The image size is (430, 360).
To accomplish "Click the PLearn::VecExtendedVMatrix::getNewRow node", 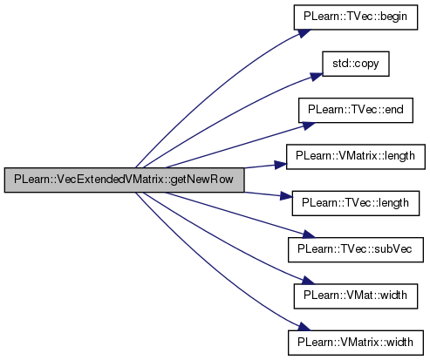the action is click(124, 180).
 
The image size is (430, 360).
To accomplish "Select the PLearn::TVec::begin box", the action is click(356, 17).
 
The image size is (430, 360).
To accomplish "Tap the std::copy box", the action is click(356, 64).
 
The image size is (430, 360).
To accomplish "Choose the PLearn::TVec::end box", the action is click(356, 111).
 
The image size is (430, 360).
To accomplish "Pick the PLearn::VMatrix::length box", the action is click(356, 157).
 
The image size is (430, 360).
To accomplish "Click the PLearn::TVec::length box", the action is click(356, 203).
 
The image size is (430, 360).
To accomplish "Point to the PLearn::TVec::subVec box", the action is click(356, 249).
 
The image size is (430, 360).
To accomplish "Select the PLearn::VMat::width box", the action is click(356, 296).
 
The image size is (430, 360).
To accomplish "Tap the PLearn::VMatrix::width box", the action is click(356, 343).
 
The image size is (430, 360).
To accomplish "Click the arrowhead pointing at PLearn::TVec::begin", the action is click(304, 32).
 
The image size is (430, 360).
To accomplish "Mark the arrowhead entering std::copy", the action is click(316, 76).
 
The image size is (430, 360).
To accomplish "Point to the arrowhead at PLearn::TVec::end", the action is click(308, 126).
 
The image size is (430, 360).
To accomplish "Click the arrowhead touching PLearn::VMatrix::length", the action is click(281, 165).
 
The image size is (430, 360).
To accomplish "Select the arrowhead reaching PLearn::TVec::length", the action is click(286, 196).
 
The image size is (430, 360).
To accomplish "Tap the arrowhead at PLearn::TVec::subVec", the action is click(308, 234).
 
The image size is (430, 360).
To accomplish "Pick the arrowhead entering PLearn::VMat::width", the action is click(308, 281).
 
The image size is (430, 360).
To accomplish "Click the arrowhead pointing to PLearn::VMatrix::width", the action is click(304, 327).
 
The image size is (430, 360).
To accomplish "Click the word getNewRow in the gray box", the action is click(201, 180).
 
